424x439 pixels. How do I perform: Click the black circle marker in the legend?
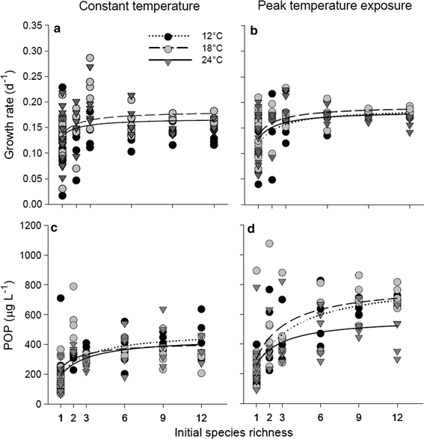point(169,37)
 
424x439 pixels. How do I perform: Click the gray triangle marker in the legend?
point(169,61)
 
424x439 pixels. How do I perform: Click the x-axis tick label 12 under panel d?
point(402,415)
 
